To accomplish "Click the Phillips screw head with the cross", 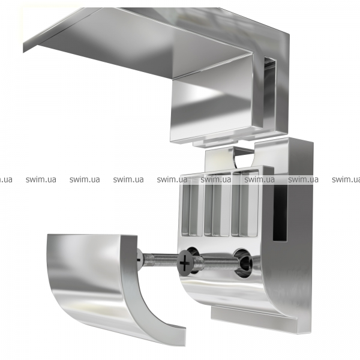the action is click(185, 263).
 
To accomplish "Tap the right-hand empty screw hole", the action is click(243, 262).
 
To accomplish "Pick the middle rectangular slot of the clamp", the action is click(217, 205).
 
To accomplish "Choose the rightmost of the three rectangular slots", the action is click(245, 205).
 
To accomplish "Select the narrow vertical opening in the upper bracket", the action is click(269, 92).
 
